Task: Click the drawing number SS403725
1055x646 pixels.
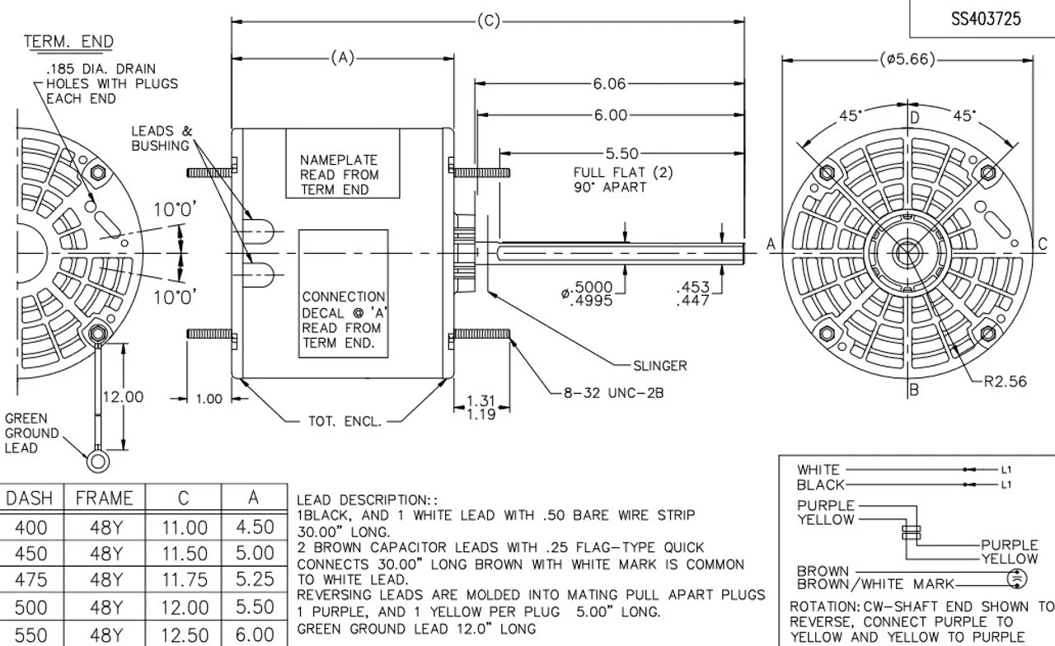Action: [986, 19]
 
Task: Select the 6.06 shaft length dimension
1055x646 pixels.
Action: [610, 84]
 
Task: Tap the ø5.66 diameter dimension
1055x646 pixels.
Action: [907, 59]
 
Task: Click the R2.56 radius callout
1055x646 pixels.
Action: [1006, 381]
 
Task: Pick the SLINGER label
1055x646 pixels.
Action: [659, 365]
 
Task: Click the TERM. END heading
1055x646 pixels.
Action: [68, 42]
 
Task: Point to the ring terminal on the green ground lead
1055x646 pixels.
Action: [98, 459]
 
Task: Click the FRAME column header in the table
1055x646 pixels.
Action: [104, 498]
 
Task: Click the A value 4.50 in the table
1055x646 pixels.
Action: [254, 527]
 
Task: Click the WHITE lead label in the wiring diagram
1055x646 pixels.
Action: [818, 470]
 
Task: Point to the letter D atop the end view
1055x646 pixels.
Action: [914, 117]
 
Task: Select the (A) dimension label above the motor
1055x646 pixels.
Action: [343, 58]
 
